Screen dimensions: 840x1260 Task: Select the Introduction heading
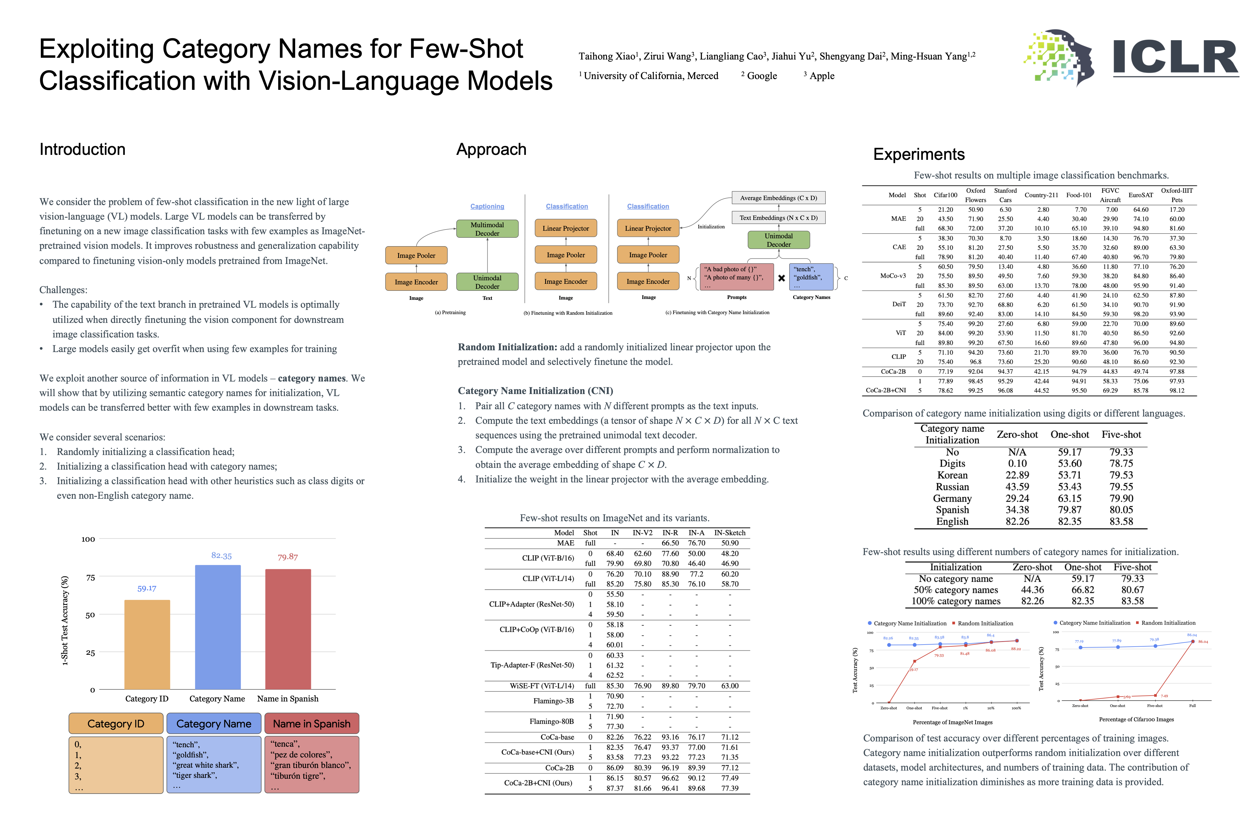point(83,149)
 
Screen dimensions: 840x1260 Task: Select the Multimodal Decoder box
point(487,229)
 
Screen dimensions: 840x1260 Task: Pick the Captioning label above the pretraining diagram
point(487,206)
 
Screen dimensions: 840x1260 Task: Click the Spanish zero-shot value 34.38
point(1017,510)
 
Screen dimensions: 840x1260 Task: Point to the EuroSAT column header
point(1140,195)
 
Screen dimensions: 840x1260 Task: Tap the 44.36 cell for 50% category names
point(1032,590)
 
